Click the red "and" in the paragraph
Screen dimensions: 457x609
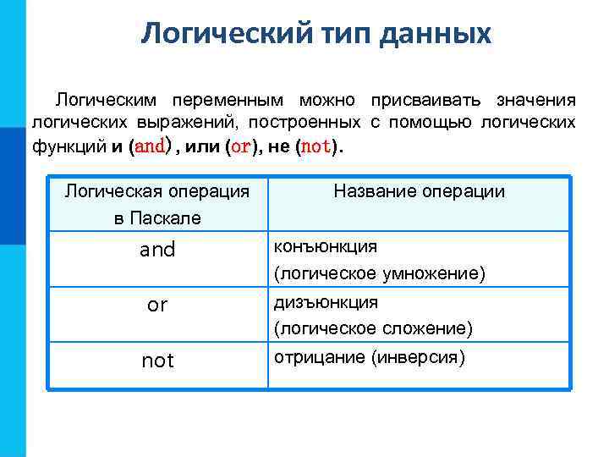pyautogui.click(x=150, y=146)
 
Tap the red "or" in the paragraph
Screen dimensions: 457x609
pyautogui.click(x=241, y=146)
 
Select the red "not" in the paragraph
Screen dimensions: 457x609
pyautogui.click(x=315, y=146)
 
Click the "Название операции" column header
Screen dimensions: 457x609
pyautogui.click(x=419, y=191)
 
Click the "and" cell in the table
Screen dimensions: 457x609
pyautogui.click(x=157, y=250)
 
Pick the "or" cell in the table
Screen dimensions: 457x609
pyautogui.click(x=157, y=306)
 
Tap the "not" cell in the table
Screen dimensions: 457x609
pyautogui.click(x=157, y=361)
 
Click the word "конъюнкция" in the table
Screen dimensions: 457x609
pyautogui.click(x=325, y=246)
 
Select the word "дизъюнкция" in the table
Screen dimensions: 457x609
pyautogui.click(x=325, y=302)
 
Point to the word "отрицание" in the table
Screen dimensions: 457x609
pyautogui.click(x=318, y=357)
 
